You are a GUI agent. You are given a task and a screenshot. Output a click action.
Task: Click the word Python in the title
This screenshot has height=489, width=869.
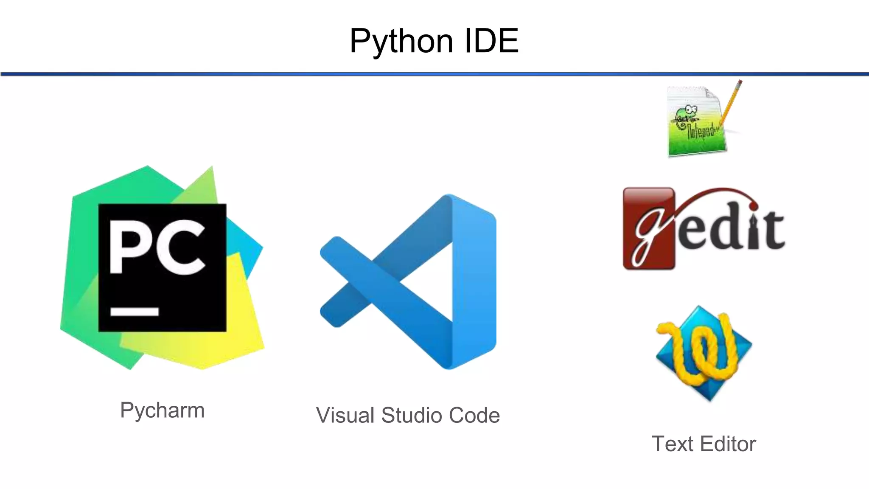point(401,42)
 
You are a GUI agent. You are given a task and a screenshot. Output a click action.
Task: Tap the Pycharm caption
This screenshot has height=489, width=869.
point(162,410)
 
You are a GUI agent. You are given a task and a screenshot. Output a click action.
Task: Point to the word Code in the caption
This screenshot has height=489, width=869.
point(474,415)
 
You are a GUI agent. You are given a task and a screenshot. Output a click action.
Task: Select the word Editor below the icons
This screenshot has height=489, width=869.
point(728,444)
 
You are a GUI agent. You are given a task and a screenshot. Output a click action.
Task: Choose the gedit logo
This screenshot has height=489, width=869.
point(704,228)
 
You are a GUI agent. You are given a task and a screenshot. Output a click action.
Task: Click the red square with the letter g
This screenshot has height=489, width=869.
point(648,228)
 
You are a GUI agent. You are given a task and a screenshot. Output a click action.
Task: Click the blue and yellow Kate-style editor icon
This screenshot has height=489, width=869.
point(704,353)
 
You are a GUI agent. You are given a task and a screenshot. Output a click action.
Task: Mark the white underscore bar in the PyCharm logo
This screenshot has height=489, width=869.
point(135,312)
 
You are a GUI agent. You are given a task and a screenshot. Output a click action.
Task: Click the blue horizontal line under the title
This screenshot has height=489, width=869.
point(434,74)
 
